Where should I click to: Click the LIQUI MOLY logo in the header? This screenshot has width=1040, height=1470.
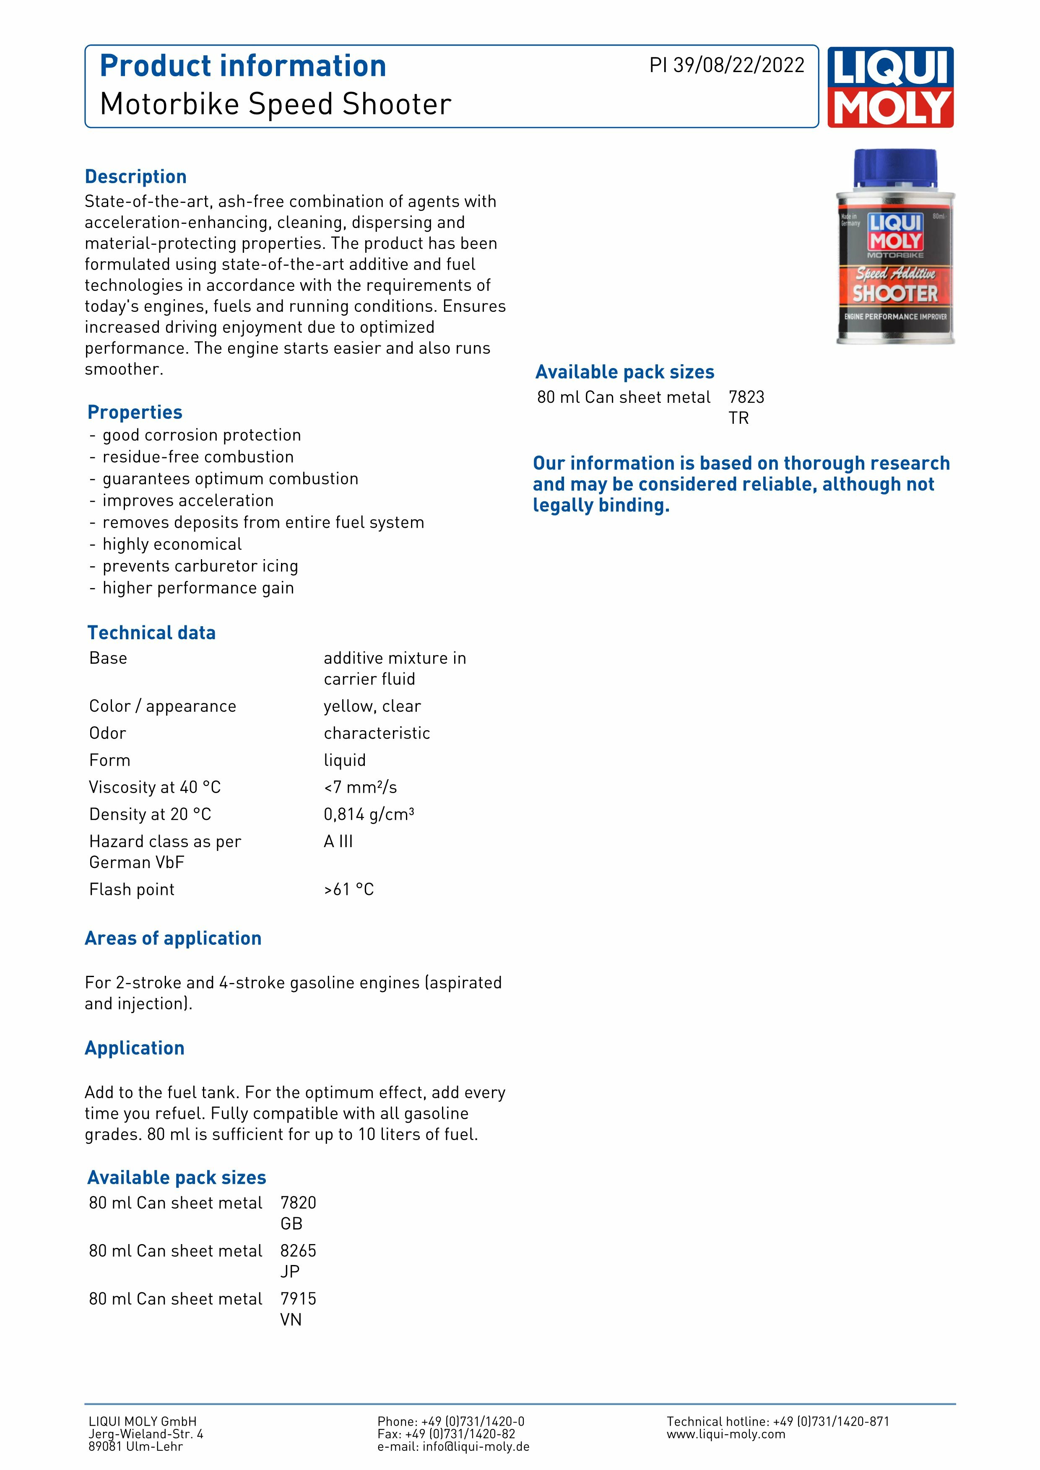pyautogui.click(x=890, y=87)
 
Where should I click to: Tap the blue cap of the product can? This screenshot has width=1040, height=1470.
pyautogui.click(x=895, y=170)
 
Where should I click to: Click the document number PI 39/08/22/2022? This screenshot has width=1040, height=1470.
pyautogui.click(x=727, y=65)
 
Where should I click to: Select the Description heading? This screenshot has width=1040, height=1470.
pyautogui.click(x=136, y=177)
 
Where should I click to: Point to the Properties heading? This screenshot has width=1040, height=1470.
pyautogui.click(x=135, y=412)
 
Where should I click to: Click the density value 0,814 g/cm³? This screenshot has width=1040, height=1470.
pyautogui.click(x=369, y=814)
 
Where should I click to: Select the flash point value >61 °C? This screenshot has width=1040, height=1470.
pyautogui.click(x=349, y=889)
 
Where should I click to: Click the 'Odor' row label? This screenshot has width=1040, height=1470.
pyautogui.click(x=108, y=733)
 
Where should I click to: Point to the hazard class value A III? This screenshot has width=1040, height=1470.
pyautogui.click(x=338, y=841)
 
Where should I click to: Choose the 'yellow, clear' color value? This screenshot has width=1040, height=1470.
pyautogui.click(x=372, y=706)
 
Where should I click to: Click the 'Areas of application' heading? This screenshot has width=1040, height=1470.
pyautogui.click(x=173, y=939)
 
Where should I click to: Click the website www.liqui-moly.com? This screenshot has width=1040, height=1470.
pyautogui.click(x=725, y=1434)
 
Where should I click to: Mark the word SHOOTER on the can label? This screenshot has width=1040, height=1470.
pyautogui.click(x=894, y=294)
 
